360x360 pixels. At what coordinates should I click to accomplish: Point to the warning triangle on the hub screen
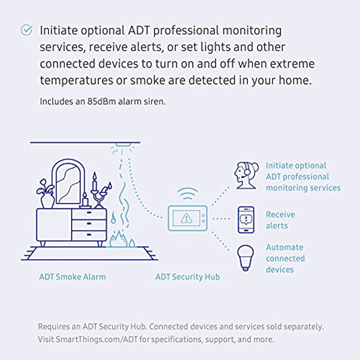[x=186, y=217]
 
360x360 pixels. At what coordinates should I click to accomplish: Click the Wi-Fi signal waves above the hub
[x=189, y=194]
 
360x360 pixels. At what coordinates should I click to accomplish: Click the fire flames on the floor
[x=122, y=239]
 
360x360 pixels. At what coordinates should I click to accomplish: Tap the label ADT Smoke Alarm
[x=72, y=277]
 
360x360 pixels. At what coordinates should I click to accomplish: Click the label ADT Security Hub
[x=188, y=277]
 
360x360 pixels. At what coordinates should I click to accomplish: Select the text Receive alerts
[x=280, y=220]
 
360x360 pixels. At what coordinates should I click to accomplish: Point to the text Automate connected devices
[x=285, y=258]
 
